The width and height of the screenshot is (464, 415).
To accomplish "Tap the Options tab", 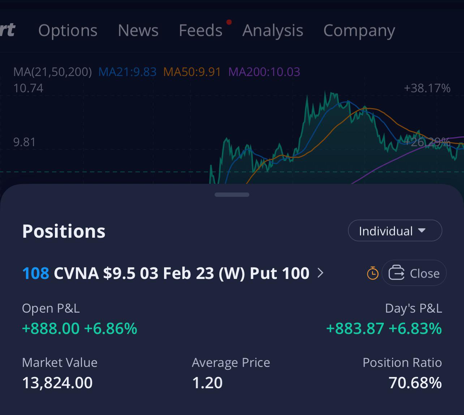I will (68, 30).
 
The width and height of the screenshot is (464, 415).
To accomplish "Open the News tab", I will (138, 30).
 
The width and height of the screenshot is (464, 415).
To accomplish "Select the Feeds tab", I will (201, 30).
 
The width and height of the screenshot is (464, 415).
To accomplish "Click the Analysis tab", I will (273, 30).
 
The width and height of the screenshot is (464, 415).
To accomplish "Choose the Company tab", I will (359, 30).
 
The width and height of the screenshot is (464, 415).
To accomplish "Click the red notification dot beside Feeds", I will (229, 22).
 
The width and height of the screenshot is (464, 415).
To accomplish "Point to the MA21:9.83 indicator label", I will (127, 72).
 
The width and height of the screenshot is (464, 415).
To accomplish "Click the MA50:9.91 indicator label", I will (192, 72).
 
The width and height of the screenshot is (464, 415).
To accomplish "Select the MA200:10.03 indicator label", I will (264, 72).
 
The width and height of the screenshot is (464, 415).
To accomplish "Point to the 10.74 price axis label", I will (28, 88).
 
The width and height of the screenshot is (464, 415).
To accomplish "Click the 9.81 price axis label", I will (25, 142).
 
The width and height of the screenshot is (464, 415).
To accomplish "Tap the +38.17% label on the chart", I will (427, 88).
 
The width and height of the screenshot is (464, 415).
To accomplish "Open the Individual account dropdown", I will (395, 231).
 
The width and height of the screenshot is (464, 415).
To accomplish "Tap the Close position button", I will (414, 273).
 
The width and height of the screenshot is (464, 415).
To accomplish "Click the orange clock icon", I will (373, 273).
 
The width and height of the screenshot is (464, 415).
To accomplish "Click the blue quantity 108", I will (35, 273).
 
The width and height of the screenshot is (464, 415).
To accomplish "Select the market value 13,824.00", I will (57, 383).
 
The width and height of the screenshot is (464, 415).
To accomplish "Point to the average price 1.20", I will (207, 383).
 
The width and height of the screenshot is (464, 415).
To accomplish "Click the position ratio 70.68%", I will (415, 383).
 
